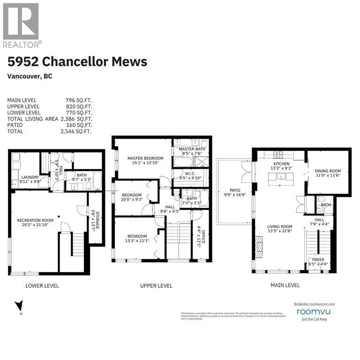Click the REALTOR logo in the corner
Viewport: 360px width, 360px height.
[x=22, y=24]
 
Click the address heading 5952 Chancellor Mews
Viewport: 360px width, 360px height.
[x=77, y=61]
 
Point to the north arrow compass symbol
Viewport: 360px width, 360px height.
[x=19, y=306]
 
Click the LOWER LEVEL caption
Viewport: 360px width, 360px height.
[x=43, y=285]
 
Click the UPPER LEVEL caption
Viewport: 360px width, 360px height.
[x=156, y=285]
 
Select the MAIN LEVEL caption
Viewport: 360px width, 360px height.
[x=285, y=285]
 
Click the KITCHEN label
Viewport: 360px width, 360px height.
[x=282, y=164]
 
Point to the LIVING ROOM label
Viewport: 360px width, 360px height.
[x=280, y=227]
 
